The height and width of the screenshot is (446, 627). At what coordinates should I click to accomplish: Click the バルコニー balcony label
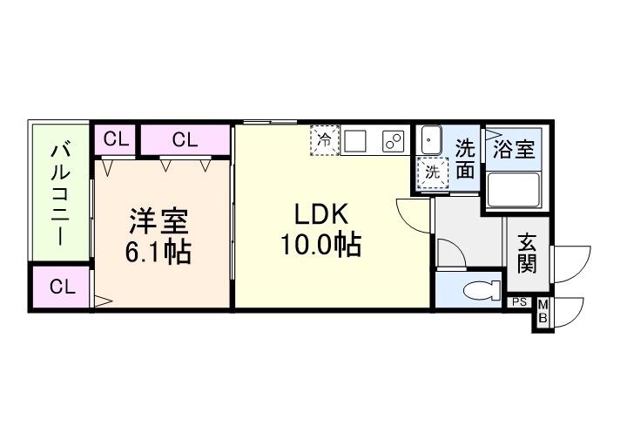(x=61, y=192)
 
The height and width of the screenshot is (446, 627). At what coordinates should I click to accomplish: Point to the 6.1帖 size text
(x=159, y=253)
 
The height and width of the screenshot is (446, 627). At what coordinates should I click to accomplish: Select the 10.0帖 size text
(x=320, y=246)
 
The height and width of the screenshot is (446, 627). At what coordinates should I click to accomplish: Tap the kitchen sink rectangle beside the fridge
(x=357, y=141)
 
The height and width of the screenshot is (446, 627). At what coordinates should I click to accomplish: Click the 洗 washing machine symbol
(x=431, y=171)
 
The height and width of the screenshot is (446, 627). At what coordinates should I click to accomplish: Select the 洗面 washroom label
(x=466, y=159)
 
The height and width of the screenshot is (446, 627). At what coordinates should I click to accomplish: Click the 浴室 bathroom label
(x=513, y=148)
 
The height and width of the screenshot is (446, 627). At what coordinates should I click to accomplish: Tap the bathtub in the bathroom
(x=513, y=190)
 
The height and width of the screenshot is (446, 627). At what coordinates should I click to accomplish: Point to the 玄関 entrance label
(x=527, y=252)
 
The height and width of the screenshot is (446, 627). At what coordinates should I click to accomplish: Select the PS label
(x=519, y=302)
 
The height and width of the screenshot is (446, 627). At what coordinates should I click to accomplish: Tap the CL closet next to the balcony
(x=61, y=288)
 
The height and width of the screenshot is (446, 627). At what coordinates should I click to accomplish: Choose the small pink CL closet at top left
(x=117, y=139)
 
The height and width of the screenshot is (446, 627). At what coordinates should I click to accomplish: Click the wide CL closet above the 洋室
(x=185, y=139)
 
